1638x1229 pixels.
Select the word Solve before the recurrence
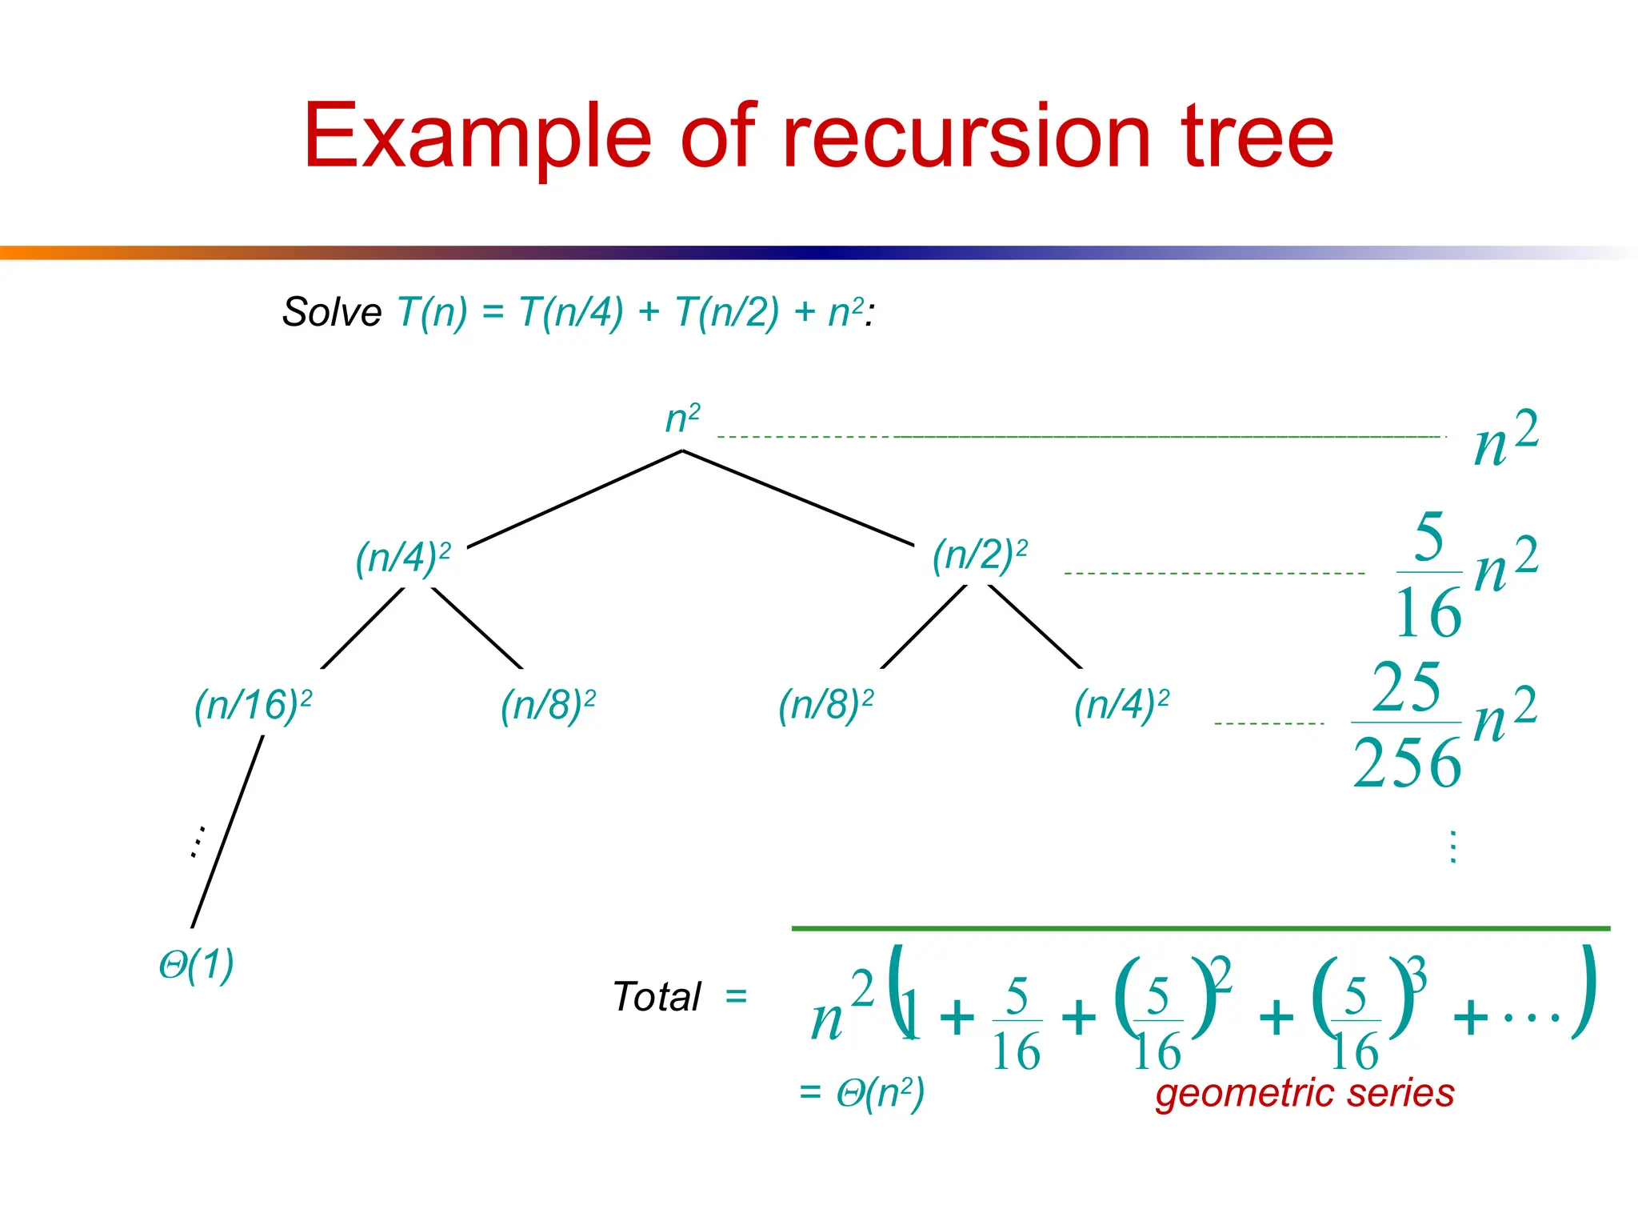(332, 312)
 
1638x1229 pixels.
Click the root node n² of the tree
(682, 418)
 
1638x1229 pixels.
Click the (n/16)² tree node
(253, 706)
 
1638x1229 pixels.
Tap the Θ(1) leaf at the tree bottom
(197, 965)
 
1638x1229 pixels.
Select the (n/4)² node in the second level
(403, 558)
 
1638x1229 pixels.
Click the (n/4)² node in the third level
(1121, 706)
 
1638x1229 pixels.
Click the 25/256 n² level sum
(1444, 723)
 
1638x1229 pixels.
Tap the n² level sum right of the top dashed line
(1505, 438)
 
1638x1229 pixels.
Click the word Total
(657, 997)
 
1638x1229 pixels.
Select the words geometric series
(1304, 1093)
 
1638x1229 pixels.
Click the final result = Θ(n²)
(862, 1093)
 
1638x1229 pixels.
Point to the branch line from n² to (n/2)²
(798, 498)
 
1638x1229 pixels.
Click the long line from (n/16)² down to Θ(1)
(227, 832)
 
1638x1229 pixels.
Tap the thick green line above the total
(1200, 928)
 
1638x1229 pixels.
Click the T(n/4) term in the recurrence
(570, 312)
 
